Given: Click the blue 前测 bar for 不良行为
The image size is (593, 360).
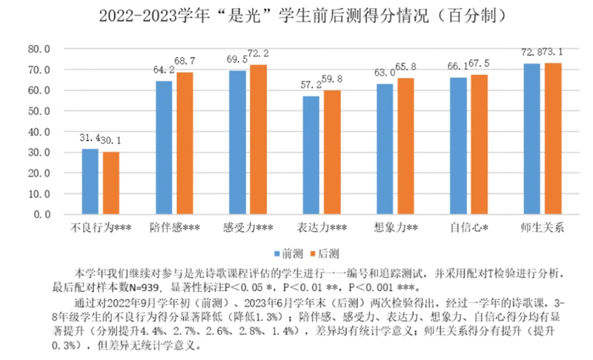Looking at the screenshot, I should click(x=90, y=181).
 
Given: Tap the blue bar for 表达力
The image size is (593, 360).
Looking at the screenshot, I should click(x=311, y=155).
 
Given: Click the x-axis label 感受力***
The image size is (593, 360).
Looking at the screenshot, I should click(x=248, y=227).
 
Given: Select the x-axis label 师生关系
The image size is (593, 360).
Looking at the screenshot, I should click(x=543, y=227).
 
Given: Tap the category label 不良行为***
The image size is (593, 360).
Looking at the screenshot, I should click(x=101, y=227).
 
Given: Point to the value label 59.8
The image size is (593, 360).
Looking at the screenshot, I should click(x=331, y=79).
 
